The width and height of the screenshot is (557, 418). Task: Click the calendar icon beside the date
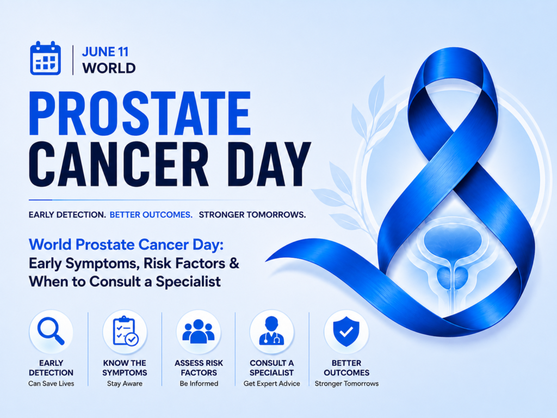point(46,58)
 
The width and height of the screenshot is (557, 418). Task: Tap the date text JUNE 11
point(105,52)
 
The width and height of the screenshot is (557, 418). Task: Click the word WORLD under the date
point(109,68)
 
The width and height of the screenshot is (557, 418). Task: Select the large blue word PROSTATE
point(140,113)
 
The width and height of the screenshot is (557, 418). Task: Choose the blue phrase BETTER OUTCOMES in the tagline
point(151,214)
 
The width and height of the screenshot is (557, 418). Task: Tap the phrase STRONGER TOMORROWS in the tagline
point(252,214)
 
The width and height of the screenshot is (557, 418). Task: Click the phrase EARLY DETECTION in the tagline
point(67,214)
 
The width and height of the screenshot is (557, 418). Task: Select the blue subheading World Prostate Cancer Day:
point(126,244)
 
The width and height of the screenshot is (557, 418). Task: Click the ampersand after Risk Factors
point(234,263)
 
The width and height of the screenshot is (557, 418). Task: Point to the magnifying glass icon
point(51,331)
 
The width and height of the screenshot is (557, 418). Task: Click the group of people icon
point(198,331)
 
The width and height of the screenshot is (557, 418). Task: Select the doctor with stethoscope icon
point(272,330)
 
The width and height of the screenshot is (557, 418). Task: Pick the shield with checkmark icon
point(346,331)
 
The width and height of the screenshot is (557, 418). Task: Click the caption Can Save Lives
point(51,384)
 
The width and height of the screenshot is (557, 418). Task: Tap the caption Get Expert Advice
point(272,384)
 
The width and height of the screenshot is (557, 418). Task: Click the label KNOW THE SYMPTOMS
point(125,368)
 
